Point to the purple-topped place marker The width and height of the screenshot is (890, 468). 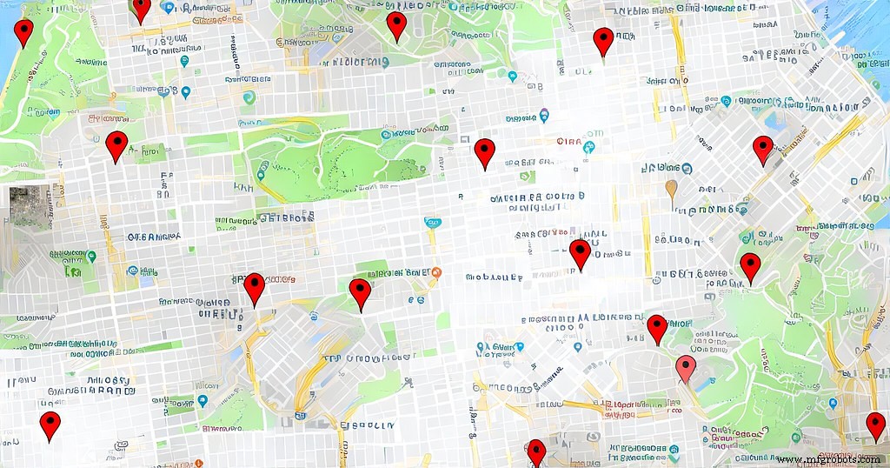544,114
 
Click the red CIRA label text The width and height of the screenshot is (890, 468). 568,141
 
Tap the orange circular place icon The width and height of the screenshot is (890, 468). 436,272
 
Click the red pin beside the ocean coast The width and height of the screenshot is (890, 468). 23,32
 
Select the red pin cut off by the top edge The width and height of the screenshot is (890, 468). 141,8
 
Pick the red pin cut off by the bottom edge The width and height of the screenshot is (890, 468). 536,451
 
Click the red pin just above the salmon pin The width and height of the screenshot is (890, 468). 657,328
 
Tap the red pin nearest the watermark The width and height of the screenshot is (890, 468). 875,425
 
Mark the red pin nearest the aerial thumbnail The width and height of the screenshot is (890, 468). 116,145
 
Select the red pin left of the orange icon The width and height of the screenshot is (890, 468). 360,293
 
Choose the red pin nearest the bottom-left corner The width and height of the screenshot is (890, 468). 50,425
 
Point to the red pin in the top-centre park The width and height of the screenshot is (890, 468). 396,25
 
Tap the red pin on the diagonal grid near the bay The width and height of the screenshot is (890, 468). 762,149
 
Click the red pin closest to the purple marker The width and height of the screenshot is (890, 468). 484,152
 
